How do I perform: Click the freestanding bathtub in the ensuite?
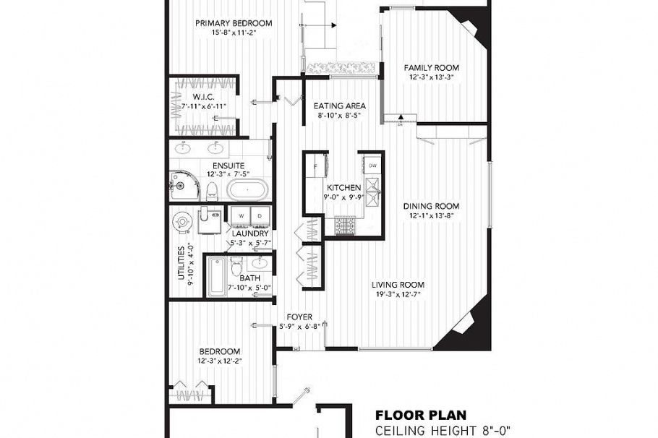pyautogui.click(x=247, y=191)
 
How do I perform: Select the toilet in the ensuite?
pyautogui.click(x=212, y=191)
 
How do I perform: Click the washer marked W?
pyautogui.click(x=241, y=216)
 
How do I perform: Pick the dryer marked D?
pyautogui.click(x=260, y=216)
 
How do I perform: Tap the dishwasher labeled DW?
pyautogui.click(x=372, y=166)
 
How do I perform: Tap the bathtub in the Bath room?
pyautogui.click(x=216, y=278)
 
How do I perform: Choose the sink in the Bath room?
pyautogui.click(x=260, y=263)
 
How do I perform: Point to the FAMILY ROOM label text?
pyautogui.click(x=431, y=68)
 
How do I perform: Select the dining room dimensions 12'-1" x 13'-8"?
pyautogui.click(x=431, y=215)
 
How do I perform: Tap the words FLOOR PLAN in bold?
pyautogui.click(x=421, y=416)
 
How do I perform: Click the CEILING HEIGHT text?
pyautogui.click(x=443, y=431)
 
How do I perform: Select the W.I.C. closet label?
pyautogui.click(x=201, y=97)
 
